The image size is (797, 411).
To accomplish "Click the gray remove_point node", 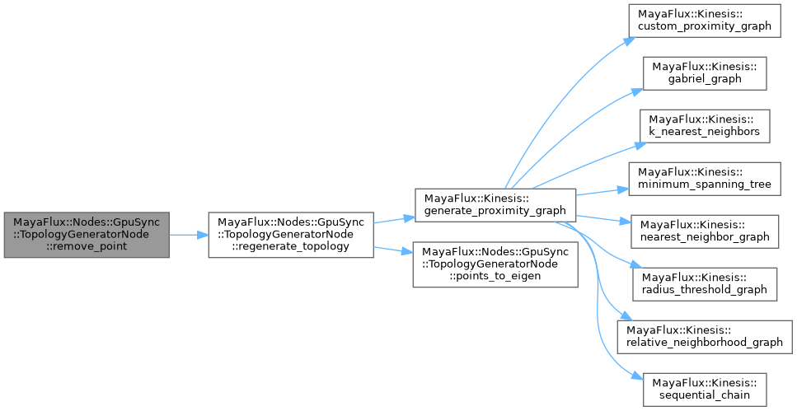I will click(87, 235).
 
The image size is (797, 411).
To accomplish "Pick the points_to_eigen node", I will click(495, 264).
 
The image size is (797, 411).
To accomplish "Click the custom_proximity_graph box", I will click(704, 20).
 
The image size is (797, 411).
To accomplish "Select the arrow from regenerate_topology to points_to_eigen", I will click(393, 252).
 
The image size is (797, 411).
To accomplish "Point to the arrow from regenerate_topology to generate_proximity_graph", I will click(393, 218).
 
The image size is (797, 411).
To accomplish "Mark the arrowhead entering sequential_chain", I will click(636, 376).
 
